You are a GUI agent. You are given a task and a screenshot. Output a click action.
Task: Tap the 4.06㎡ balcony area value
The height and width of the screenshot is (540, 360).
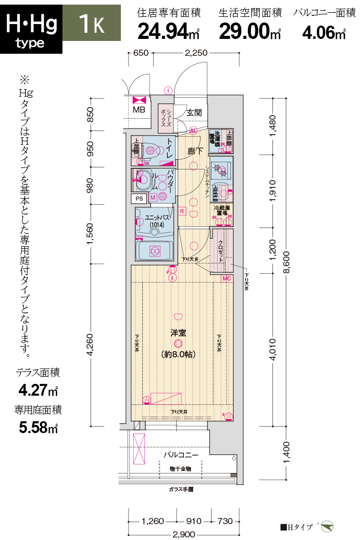pos(324,33)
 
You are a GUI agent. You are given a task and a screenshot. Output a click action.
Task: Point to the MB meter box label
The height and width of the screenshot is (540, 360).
pos(139,110)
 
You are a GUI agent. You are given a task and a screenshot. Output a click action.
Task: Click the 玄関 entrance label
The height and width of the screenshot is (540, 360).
pos(194,113)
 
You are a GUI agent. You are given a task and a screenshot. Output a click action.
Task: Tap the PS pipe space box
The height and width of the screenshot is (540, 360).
pos(138,198)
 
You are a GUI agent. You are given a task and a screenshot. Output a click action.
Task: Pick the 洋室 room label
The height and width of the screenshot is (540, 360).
pos(178,333)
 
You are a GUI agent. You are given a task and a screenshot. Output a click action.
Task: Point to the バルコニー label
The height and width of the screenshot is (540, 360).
pos(181,455)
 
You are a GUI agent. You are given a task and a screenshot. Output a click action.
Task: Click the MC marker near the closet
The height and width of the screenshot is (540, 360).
pos(227,278)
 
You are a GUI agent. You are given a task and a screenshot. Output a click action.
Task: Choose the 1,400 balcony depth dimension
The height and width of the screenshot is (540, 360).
pos(286,453)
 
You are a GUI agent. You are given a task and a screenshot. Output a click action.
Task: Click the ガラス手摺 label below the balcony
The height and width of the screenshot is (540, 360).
pos(181,489)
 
